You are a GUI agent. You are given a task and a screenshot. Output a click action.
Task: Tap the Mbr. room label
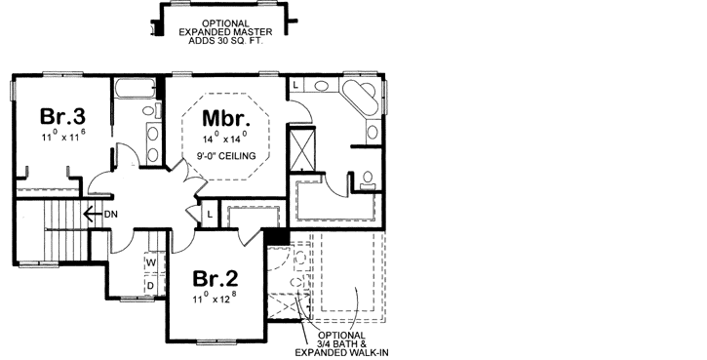(x=227, y=119)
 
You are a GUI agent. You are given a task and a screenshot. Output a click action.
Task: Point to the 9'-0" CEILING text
(x=224, y=156)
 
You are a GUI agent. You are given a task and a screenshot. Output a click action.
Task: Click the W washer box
(x=151, y=263)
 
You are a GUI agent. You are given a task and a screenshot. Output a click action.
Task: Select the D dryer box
(x=151, y=285)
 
